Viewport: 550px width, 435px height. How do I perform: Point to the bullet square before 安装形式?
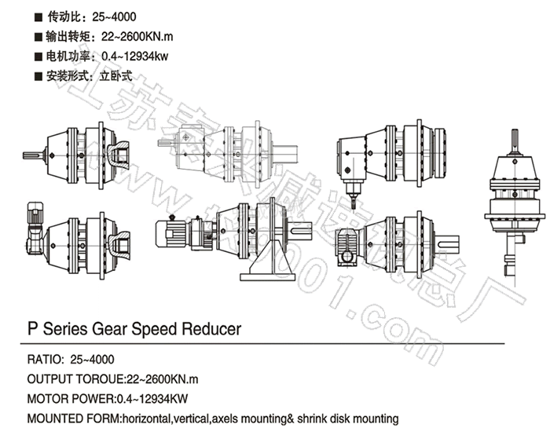point(38,77)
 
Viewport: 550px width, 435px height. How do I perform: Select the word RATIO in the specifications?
point(44,360)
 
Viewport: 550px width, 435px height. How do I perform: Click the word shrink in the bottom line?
point(316,419)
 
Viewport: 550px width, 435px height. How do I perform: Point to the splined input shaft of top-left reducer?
point(34,155)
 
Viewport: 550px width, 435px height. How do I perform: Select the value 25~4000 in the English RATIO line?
point(93,360)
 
